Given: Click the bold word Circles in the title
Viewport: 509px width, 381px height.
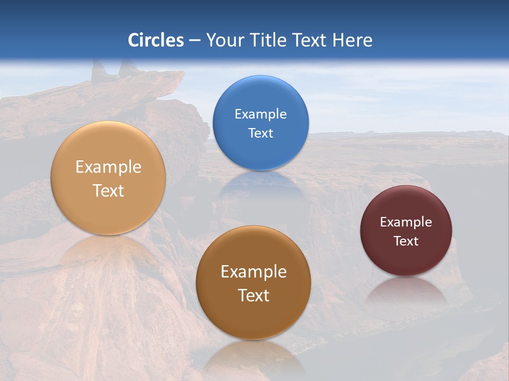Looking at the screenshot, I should tap(156, 40).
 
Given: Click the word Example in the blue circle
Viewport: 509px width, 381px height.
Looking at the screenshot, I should tap(261, 114).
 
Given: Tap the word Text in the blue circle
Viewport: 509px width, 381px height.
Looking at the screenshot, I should tap(261, 133).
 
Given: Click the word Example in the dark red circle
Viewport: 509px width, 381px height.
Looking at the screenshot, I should tap(406, 222).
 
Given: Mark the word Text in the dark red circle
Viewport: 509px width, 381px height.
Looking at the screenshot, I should tap(406, 241).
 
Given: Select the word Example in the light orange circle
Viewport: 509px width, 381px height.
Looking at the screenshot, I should tap(108, 167).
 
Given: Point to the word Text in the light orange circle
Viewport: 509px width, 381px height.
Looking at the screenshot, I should tap(108, 190).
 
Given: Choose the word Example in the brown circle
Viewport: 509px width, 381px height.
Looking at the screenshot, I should tap(253, 272).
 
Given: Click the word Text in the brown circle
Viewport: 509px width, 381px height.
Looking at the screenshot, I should tap(253, 295).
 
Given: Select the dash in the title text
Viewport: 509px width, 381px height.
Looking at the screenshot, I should tap(195, 41).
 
